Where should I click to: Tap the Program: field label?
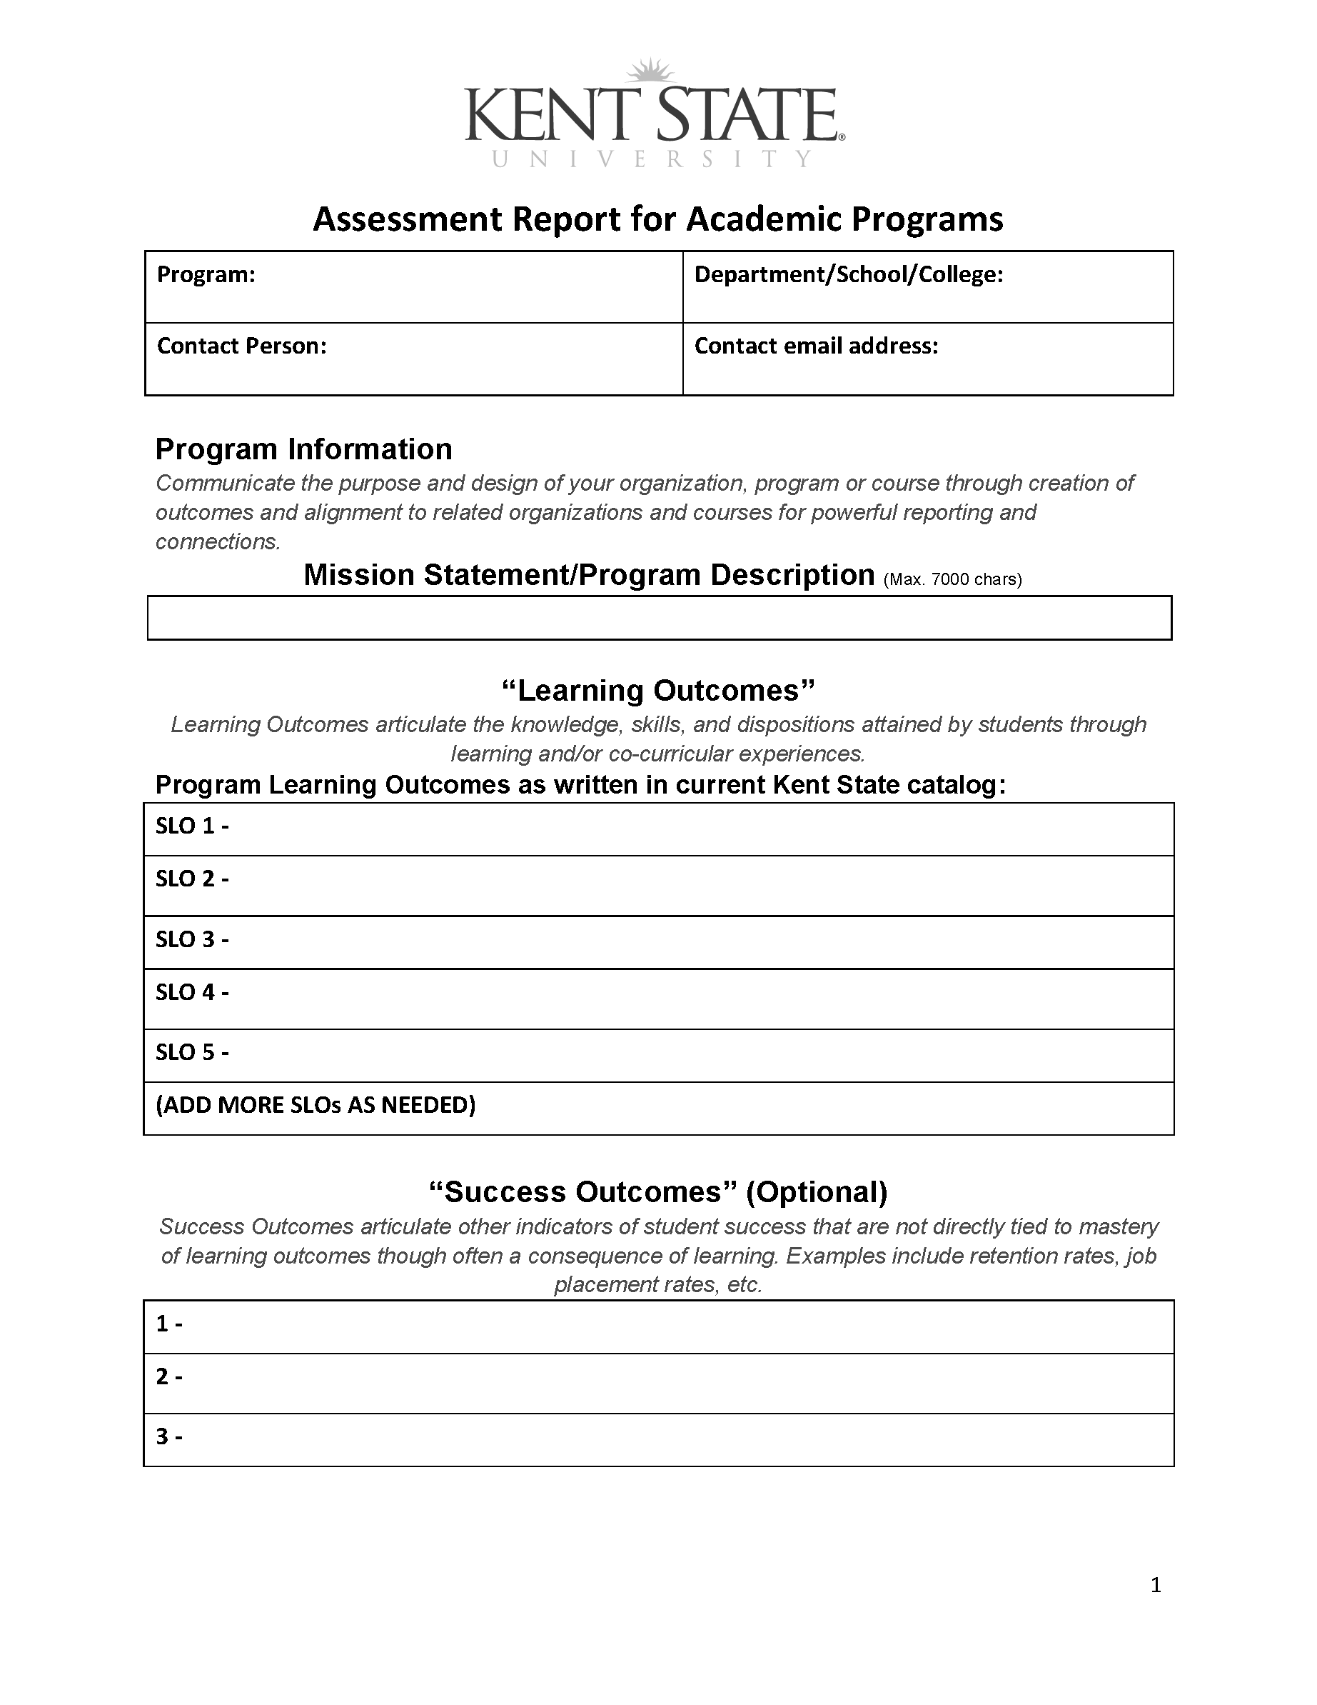pos(206,275)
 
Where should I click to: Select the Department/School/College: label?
pos(848,275)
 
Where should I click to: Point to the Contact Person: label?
pos(242,346)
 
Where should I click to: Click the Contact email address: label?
pos(816,346)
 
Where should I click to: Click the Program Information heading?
pos(303,449)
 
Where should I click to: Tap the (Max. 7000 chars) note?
pos(952,579)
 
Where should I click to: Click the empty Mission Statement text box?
pos(660,619)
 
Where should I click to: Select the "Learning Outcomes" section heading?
pos(657,690)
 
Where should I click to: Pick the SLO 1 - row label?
pos(192,826)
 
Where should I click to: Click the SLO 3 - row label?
pos(192,939)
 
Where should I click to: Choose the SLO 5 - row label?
pos(192,1052)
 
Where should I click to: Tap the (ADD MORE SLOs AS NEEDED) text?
pos(316,1105)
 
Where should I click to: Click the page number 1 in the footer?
pos(1156,1585)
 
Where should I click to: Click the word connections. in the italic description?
pos(218,542)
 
